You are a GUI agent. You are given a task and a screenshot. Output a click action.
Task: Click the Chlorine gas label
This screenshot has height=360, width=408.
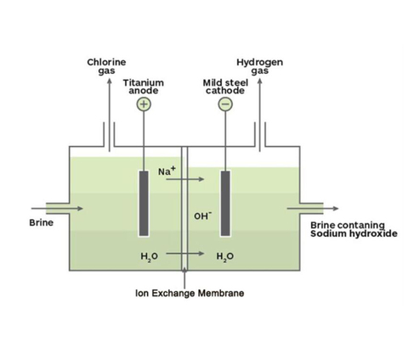click(x=106, y=66)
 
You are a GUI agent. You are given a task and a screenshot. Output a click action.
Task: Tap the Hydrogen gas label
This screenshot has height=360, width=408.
click(x=260, y=66)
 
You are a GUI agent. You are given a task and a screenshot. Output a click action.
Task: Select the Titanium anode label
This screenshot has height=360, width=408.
click(x=144, y=87)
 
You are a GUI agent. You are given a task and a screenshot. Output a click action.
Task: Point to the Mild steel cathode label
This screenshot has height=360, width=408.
click(x=225, y=87)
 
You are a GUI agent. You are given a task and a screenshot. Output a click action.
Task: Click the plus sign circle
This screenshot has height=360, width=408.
click(x=144, y=104)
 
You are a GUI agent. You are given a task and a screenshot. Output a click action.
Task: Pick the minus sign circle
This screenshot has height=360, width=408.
click(x=225, y=104)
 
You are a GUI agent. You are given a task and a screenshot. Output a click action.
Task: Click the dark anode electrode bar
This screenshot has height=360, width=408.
click(x=144, y=204)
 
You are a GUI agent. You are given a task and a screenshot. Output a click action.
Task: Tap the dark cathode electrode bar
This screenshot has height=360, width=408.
click(x=225, y=204)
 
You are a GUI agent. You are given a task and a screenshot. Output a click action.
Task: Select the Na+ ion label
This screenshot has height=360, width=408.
click(x=167, y=171)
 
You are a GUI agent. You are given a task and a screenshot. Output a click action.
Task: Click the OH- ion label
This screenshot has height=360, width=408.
click(x=203, y=216)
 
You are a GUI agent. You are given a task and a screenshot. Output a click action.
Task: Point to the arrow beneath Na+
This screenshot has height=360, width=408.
click(x=185, y=179)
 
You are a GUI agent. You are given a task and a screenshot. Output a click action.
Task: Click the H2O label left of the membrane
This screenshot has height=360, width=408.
click(x=150, y=256)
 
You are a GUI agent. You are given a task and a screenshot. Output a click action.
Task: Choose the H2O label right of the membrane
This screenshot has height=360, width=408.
click(x=225, y=256)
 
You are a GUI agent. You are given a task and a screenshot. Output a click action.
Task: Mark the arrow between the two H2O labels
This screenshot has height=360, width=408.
click(x=185, y=253)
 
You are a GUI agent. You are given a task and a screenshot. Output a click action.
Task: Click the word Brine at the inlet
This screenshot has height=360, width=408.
click(x=42, y=222)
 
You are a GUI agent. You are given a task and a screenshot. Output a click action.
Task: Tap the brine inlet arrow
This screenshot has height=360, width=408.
click(x=57, y=209)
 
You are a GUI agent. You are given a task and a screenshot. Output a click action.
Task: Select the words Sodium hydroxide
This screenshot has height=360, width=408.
click(x=354, y=233)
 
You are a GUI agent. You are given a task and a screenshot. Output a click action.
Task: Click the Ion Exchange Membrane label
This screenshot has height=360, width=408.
click(x=190, y=293)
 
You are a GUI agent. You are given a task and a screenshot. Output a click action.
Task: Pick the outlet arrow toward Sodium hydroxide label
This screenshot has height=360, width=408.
click(x=313, y=209)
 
